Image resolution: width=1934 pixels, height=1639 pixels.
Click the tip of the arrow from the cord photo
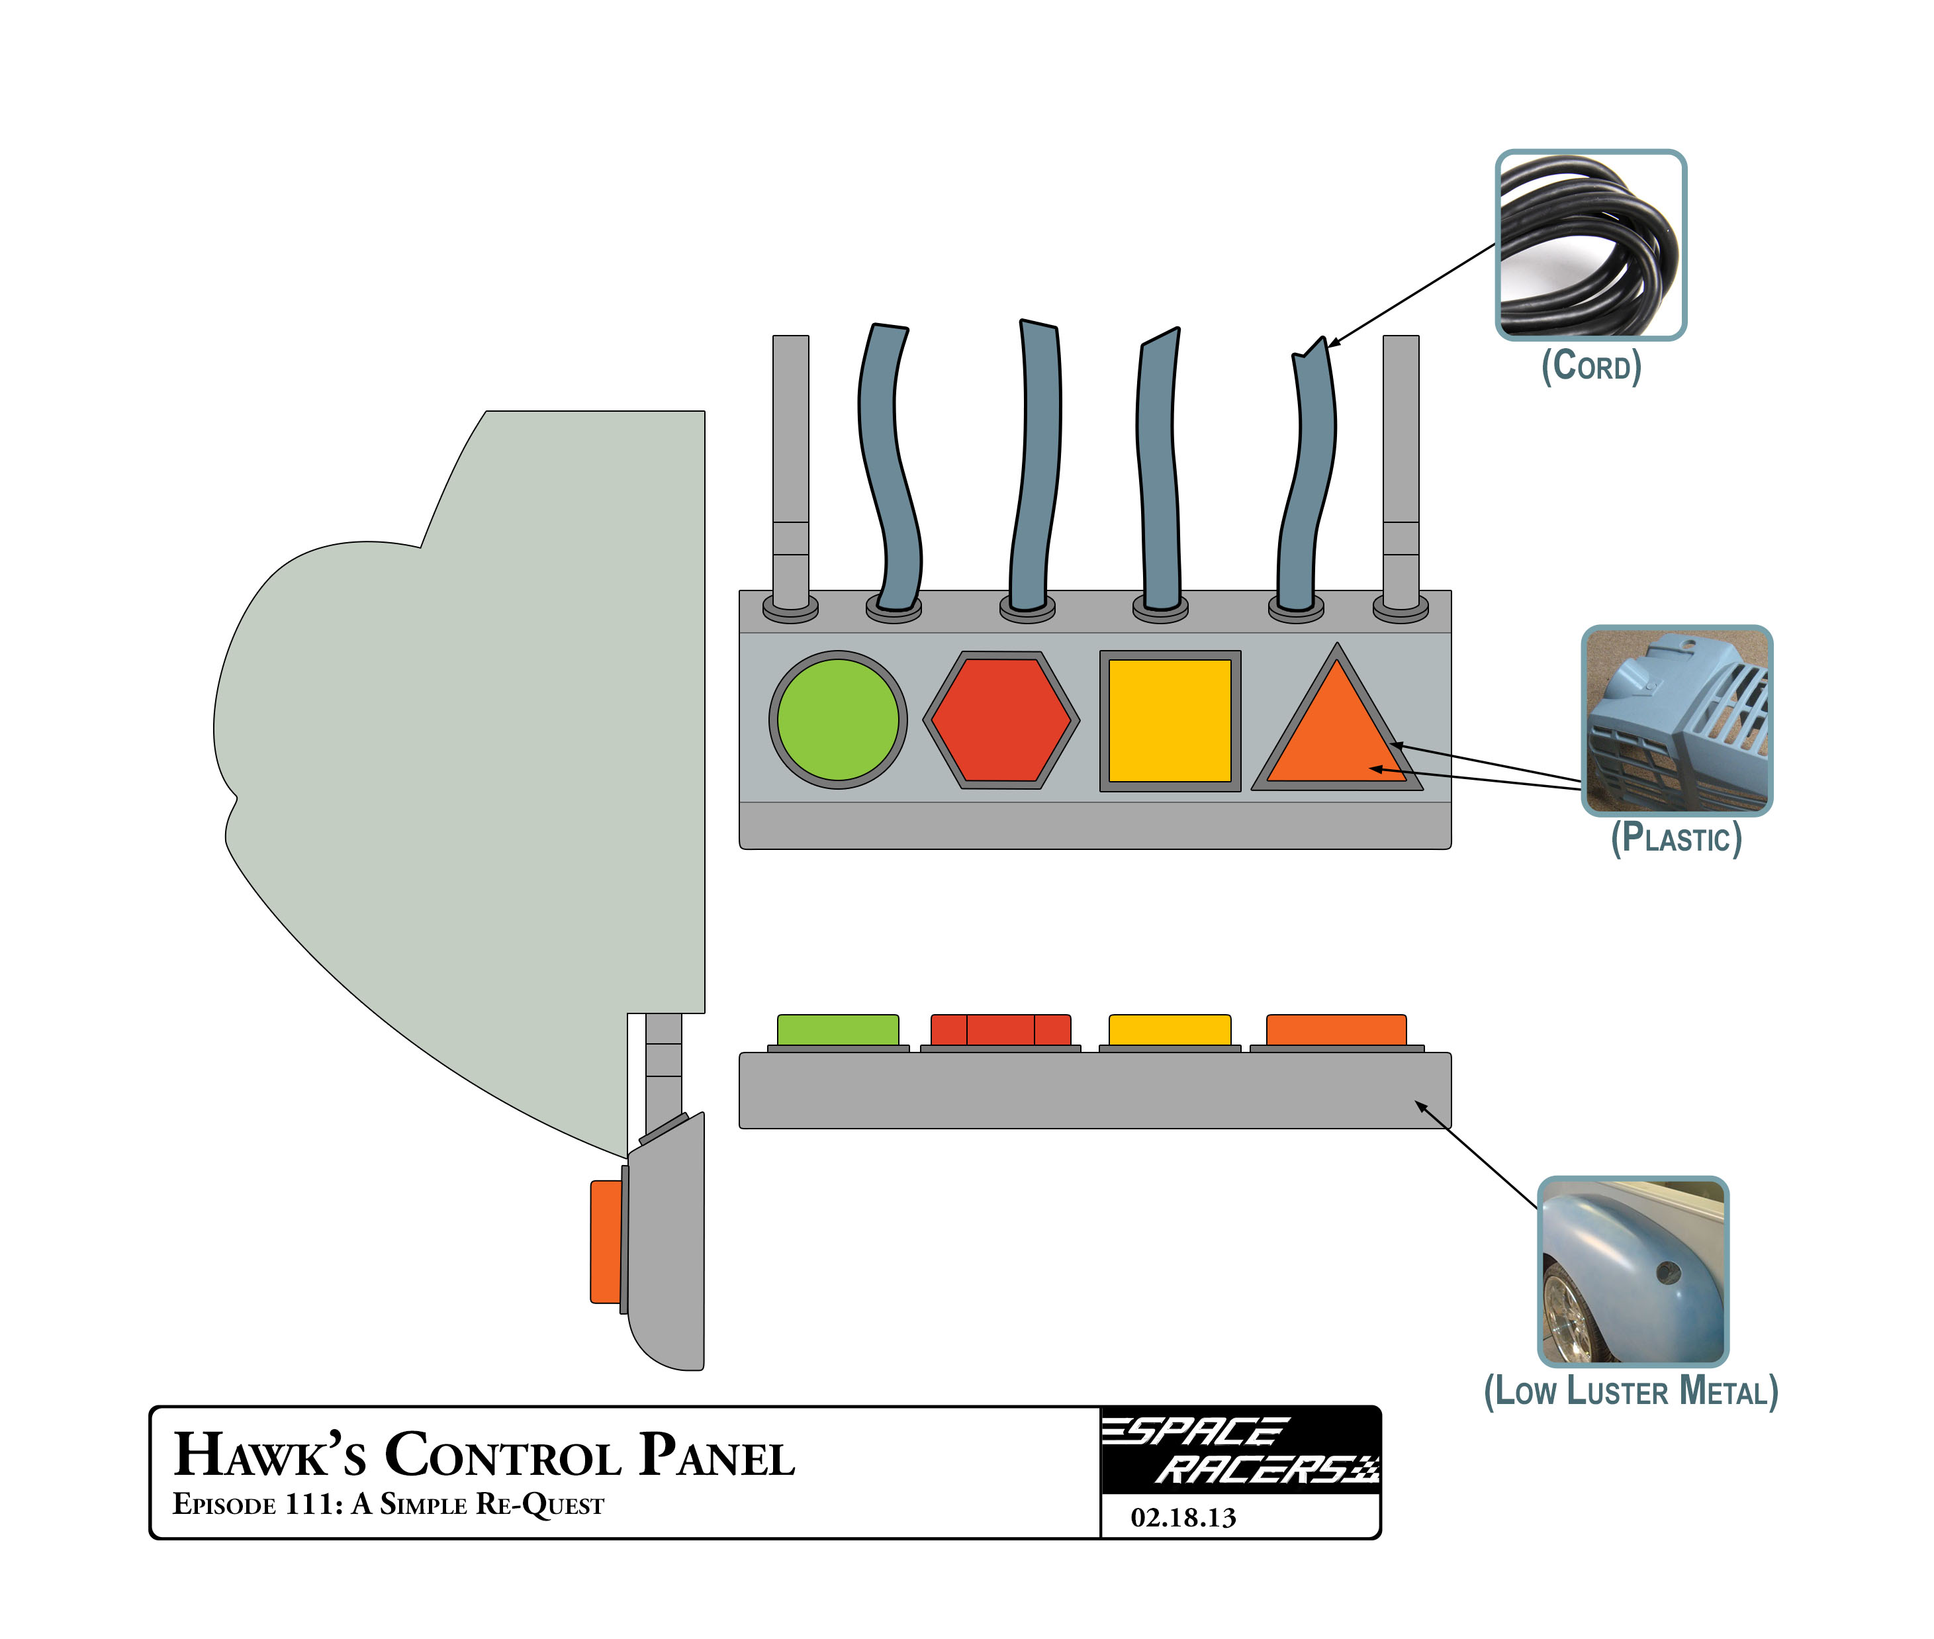1328,347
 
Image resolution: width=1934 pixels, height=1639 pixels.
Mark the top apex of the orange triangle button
1337,644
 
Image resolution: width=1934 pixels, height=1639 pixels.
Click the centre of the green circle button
838,720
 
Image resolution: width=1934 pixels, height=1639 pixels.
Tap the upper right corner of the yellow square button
1240,651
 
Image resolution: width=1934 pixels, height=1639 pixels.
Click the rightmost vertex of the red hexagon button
1080,720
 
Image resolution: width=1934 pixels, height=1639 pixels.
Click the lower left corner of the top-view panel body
741,847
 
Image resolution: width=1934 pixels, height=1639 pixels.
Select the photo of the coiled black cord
1590,244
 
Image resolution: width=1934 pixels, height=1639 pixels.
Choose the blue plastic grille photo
1677,721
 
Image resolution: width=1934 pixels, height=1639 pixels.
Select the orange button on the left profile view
606,1241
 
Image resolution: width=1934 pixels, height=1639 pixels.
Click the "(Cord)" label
1591,366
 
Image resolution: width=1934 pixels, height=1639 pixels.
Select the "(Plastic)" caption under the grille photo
1676,838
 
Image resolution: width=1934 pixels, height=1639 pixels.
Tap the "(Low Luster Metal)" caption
1631,1391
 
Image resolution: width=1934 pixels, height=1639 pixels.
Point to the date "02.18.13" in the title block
1183,1517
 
